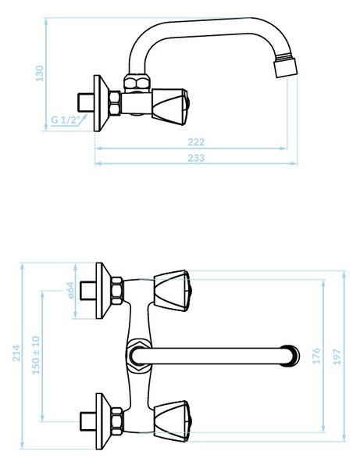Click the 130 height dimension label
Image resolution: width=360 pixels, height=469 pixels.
[39, 73]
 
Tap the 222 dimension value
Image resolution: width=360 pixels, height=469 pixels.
[196, 141]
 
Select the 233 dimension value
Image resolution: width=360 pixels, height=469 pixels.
[196, 158]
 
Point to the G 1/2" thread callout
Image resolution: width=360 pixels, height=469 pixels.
[66, 120]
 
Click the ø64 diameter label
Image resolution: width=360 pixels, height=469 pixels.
[70, 290]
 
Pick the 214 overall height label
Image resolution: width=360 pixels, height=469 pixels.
[16, 353]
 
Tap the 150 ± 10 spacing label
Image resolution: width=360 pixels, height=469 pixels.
[36, 355]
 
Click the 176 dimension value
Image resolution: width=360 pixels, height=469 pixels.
[316, 356]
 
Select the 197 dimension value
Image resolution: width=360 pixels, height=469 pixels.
[337, 356]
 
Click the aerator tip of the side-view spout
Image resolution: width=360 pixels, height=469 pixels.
[287, 67]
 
